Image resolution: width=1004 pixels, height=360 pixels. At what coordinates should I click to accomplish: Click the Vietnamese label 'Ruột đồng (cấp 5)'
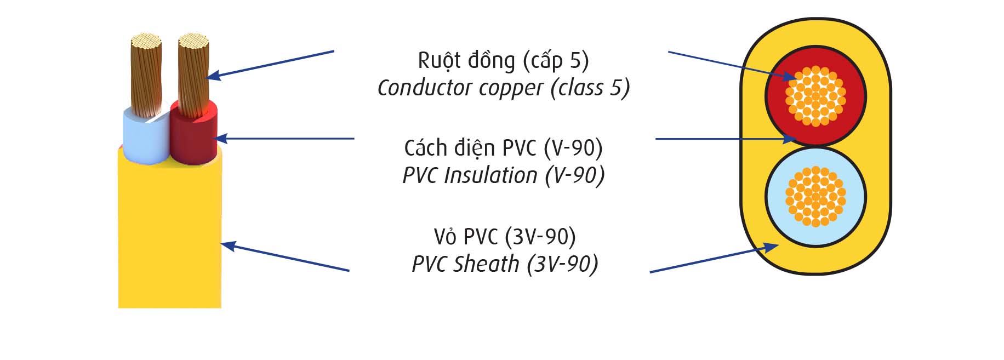pyautogui.click(x=503, y=60)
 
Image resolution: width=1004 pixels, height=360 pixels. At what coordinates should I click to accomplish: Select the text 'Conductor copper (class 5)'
pyautogui.click(x=503, y=88)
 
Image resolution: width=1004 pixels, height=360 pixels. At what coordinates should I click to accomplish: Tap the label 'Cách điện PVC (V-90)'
pyautogui.click(x=503, y=148)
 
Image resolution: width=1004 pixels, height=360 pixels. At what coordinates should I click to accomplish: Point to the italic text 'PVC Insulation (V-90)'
pyautogui.click(x=503, y=175)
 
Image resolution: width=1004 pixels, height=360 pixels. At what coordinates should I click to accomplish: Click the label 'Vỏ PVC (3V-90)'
pyautogui.click(x=504, y=237)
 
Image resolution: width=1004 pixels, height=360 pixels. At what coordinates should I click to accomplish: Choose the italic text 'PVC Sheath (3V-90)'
pyautogui.click(x=504, y=264)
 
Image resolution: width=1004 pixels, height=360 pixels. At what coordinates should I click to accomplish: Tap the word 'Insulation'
pyautogui.click(x=490, y=175)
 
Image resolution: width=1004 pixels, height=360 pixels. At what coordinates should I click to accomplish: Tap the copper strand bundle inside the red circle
pyautogui.click(x=815, y=96)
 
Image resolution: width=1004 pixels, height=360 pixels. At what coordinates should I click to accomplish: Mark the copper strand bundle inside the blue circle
pyautogui.click(x=815, y=196)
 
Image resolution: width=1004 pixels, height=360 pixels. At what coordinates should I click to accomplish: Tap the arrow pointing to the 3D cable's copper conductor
pyautogui.click(x=271, y=64)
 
